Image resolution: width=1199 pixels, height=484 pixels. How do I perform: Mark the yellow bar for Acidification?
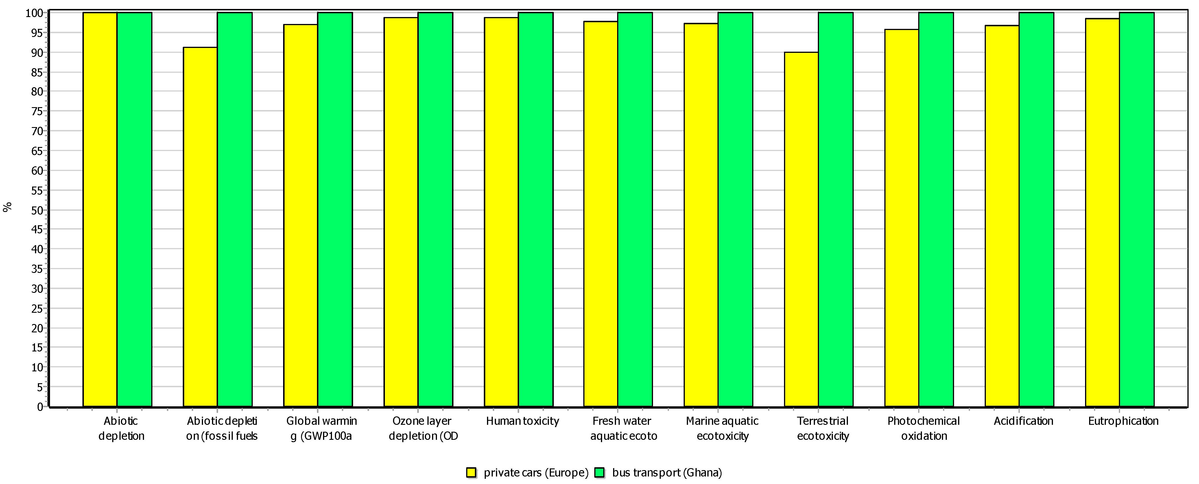[1002, 216]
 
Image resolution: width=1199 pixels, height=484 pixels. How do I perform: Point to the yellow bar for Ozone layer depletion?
[401, 212]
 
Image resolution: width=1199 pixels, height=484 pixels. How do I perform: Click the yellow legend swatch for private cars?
[471, 472]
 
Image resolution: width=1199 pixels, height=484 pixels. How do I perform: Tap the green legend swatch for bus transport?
[599, 472]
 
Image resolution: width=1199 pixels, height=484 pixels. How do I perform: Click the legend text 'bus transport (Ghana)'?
[667, 472]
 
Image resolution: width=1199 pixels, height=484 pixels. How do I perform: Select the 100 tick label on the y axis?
[34, 13]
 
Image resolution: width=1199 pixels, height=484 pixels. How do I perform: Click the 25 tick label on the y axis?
[37, 308]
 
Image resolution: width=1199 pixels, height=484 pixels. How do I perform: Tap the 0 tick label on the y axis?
[40, 407]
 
